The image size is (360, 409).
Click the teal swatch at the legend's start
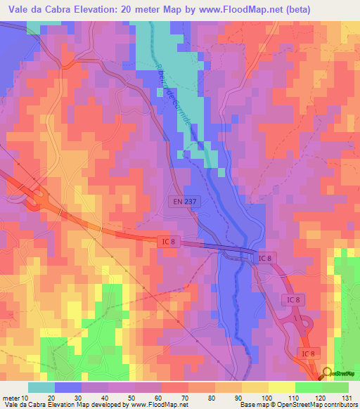(41, 387)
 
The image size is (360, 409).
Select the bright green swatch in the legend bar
(308, 387)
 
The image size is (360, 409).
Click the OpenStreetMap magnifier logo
(328, 375)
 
